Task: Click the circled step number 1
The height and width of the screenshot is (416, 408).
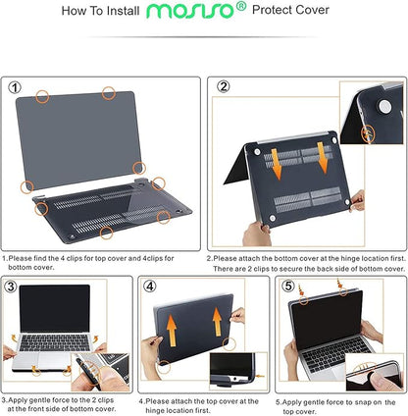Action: tap(15, 86)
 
